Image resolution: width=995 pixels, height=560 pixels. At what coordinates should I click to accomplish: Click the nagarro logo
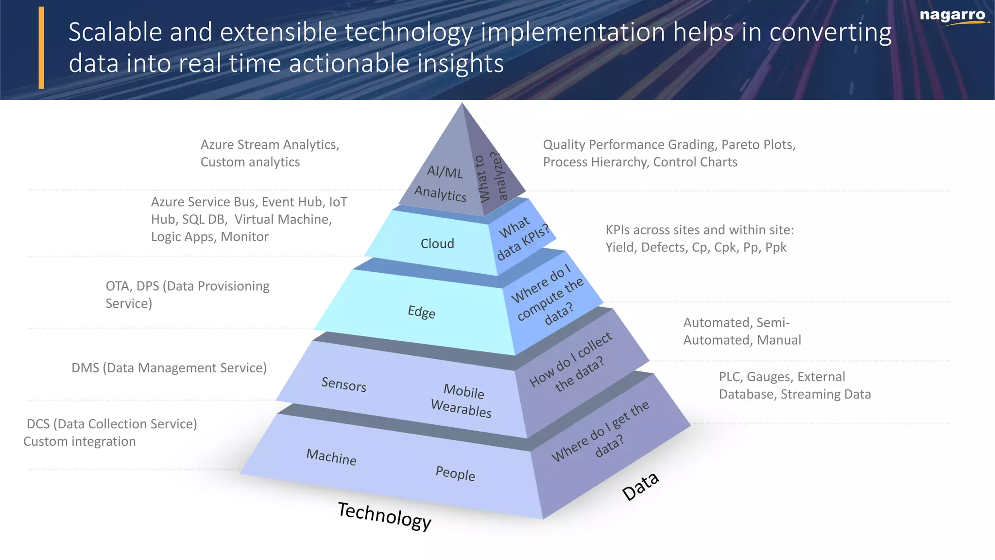coord(953,16)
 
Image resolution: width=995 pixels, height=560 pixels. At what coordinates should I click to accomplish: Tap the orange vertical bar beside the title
coord(41,48)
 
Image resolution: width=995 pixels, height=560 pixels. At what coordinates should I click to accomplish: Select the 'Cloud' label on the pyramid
coord(437,244)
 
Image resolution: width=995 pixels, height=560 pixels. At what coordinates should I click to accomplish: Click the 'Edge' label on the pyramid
coord(421,312)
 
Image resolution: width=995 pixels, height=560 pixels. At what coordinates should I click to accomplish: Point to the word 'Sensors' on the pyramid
coord(343,385)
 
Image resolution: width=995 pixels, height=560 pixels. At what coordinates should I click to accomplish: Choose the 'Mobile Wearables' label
coord(462,400)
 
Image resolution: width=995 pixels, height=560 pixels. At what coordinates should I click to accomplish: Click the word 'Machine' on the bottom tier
coord(331,457)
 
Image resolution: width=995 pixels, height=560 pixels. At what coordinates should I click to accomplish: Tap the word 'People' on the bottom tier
coord(455,473)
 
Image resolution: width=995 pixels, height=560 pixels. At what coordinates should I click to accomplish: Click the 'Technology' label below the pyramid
coord(384,516)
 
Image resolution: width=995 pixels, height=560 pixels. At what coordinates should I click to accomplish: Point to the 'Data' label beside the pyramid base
coord(640,486)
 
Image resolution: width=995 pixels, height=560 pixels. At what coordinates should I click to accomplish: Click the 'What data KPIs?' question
coord(522,238)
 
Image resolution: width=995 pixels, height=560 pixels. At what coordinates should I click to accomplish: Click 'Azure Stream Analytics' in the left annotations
coord(270,145)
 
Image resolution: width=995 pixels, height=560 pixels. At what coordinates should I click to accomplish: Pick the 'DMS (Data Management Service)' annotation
coord(169,368)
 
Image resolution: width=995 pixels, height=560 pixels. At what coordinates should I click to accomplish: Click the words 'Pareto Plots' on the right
coord(758,145)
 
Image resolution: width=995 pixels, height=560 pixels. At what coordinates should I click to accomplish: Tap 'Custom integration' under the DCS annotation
coord(80,441)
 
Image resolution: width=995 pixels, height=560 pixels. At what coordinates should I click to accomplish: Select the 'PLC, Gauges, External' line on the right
coord(782,377)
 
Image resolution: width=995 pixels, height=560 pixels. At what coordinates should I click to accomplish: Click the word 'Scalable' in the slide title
coord(115,33)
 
